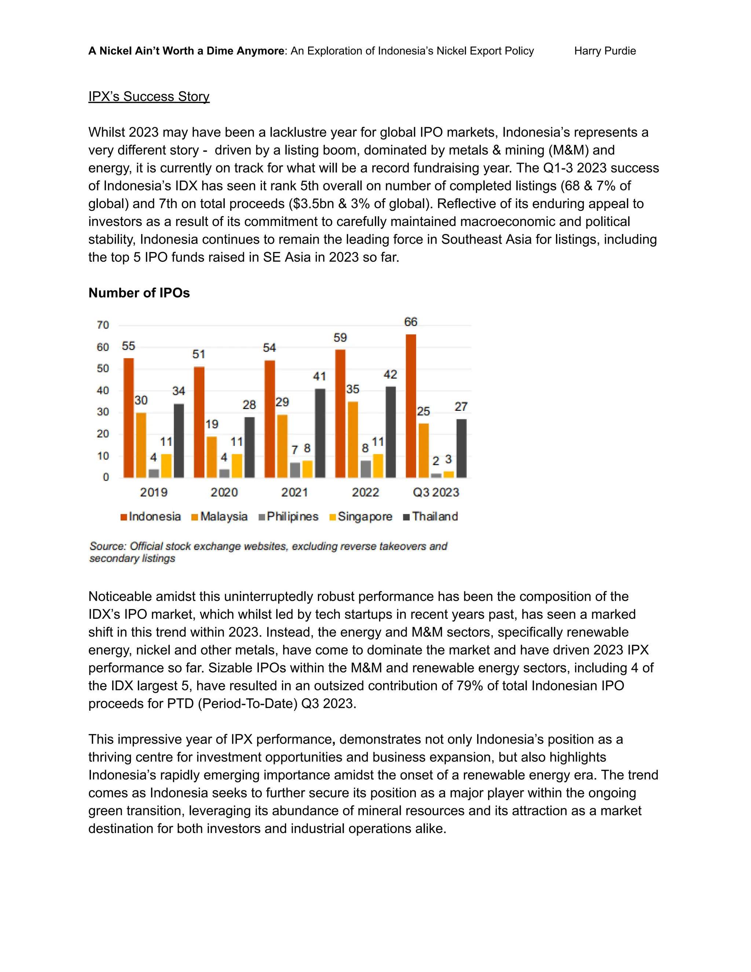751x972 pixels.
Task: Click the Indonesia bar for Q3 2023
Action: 411,406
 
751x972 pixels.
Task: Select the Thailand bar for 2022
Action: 390,432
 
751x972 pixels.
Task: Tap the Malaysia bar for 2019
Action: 141,445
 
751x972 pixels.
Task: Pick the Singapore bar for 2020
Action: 237,465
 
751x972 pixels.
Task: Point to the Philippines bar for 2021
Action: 294,470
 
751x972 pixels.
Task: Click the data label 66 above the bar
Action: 410,322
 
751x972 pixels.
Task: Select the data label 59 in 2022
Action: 340,338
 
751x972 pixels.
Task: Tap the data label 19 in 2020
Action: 212,424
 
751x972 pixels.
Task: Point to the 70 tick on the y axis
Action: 103,325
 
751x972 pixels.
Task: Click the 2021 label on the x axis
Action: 294,492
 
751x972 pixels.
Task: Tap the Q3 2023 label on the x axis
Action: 436,492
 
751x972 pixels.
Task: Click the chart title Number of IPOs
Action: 139,293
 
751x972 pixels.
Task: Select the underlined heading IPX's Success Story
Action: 149,96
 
